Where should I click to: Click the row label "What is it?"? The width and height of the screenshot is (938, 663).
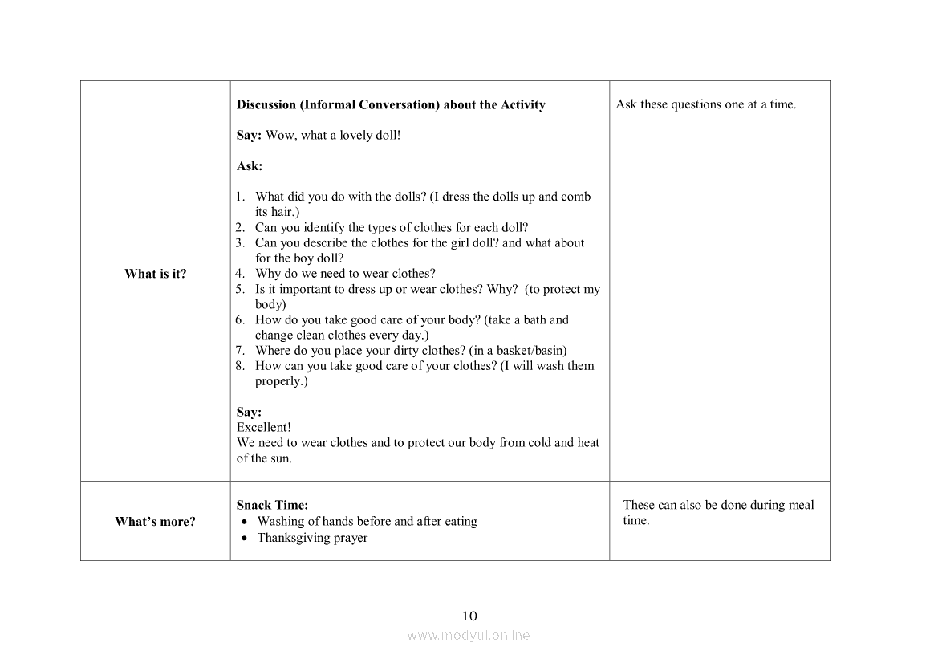click(x=155, y=274)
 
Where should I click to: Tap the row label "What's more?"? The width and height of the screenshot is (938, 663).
click(x=155, y=522)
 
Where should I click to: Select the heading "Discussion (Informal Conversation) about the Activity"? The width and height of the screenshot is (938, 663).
click(x=391, y=105)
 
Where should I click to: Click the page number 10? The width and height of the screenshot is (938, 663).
click(x=469, y=616)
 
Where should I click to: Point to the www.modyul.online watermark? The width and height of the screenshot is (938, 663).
click(x=469, y=636)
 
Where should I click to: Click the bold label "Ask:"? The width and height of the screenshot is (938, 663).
click(x=250, y=166)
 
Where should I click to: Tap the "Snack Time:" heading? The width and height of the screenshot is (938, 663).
click(x=272, y=506)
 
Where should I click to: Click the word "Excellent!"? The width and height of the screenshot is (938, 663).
click(x=264, y=428)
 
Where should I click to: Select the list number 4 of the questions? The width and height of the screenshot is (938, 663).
click(x=240, y=274)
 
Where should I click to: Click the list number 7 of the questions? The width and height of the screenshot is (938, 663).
click(x=240, y=351)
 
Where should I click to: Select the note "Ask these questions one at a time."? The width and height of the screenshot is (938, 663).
click(x=706, y=105)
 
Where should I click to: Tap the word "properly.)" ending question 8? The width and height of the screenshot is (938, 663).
click(x=282, y=381)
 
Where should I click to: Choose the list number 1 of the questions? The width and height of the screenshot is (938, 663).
click(x=240, y=197)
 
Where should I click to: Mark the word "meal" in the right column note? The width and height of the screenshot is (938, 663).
click(x=801, y=506)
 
